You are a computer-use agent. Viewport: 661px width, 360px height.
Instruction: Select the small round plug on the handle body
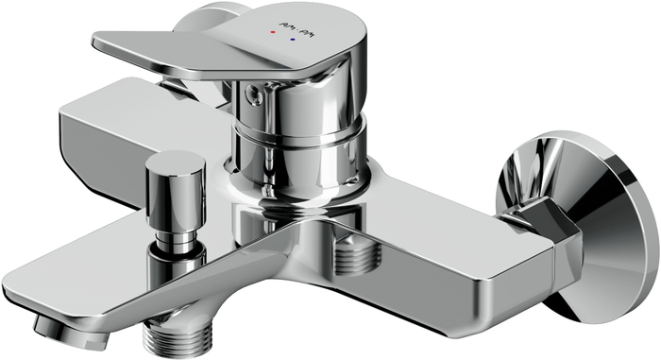pos(257,93)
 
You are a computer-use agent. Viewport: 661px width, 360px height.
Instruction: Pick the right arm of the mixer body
pos(453,241)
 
